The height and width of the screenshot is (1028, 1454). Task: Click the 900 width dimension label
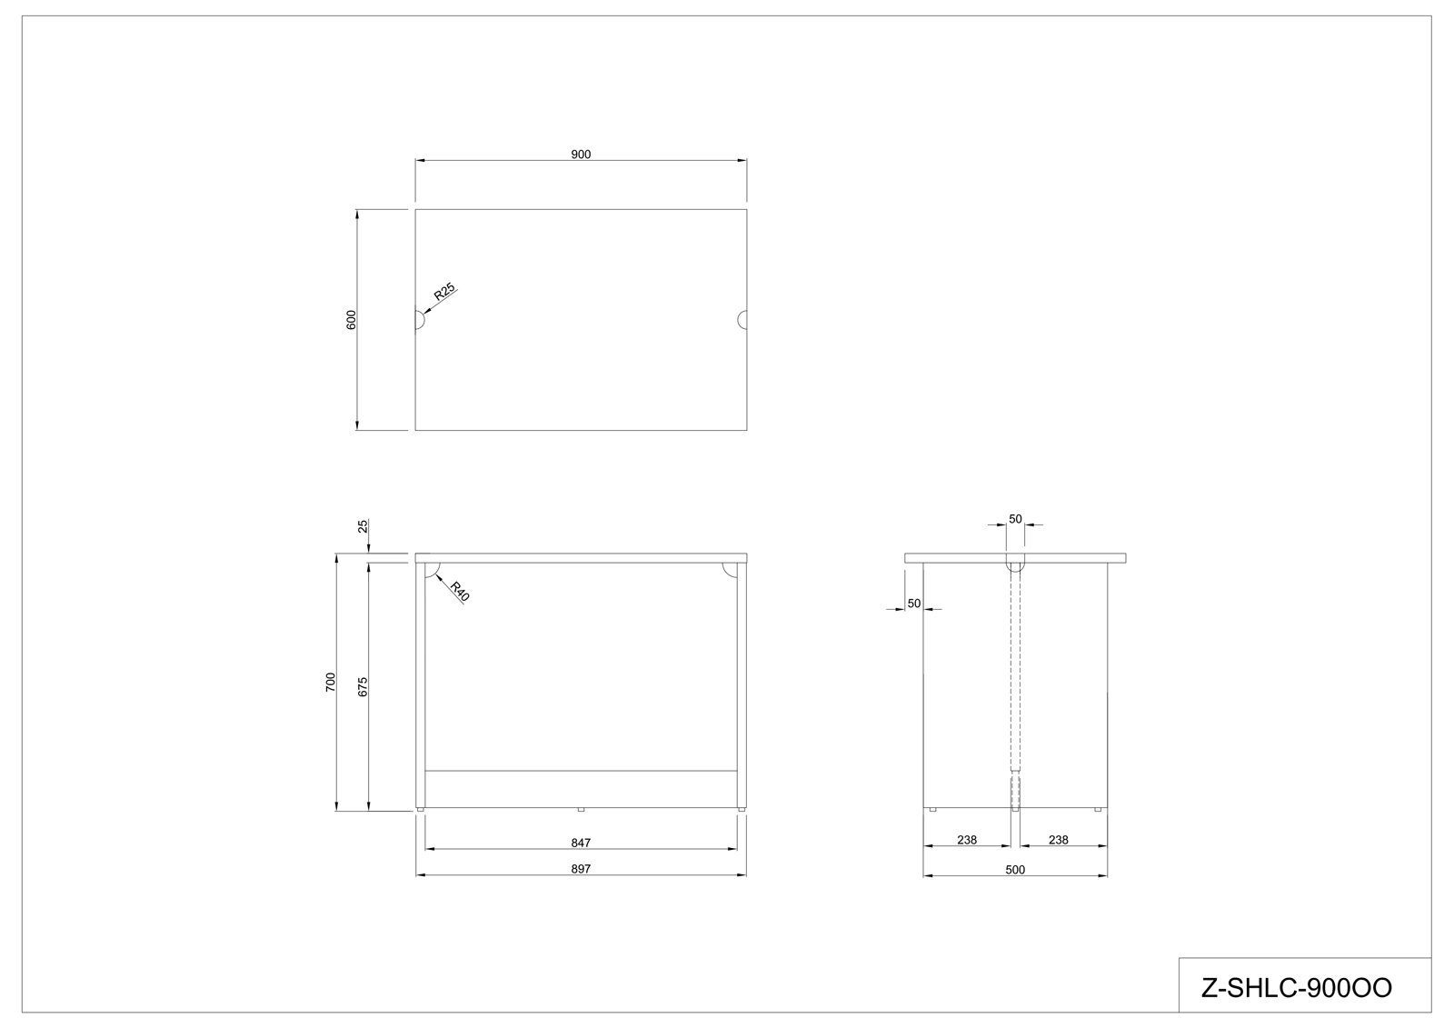point(581,155)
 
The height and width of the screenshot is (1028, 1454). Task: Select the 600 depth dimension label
point(351,320)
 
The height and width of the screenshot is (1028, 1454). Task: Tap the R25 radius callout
point(444,292)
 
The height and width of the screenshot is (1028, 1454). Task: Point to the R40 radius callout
point(460,592)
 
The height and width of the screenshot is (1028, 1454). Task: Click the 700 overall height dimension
point(331,682)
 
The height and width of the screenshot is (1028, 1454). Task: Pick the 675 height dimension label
point(363,686)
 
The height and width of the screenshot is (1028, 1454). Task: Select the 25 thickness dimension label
point(363,526)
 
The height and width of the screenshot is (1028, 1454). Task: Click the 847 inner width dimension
point(581,843)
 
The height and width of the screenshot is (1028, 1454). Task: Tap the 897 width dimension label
point(581,869)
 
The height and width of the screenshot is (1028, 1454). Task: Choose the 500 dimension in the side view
point(1014,870)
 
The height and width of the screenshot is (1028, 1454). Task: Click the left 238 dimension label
point(967,840)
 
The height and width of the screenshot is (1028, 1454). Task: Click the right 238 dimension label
point(1058,840)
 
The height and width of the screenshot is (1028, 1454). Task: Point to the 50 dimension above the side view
point(1015,519)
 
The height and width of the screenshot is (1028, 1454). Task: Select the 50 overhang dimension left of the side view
point(914,604)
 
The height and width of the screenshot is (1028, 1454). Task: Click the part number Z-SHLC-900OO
point(1296,988)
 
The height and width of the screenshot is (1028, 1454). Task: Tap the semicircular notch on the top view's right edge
point(742,320)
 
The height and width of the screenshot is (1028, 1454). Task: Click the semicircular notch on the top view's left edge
point(420,320)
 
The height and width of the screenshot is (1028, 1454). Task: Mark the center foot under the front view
point(581,809)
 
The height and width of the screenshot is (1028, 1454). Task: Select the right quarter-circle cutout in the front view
point(730,570)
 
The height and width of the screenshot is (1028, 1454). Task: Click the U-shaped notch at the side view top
point(1015,563)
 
